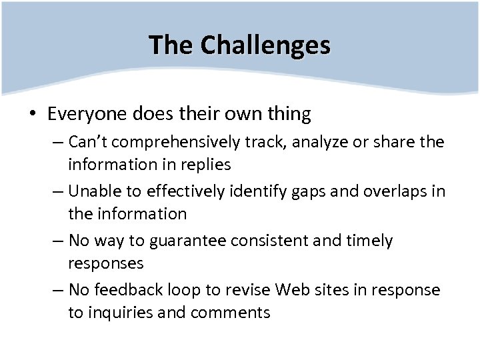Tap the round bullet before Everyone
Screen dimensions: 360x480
point(32,115)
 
